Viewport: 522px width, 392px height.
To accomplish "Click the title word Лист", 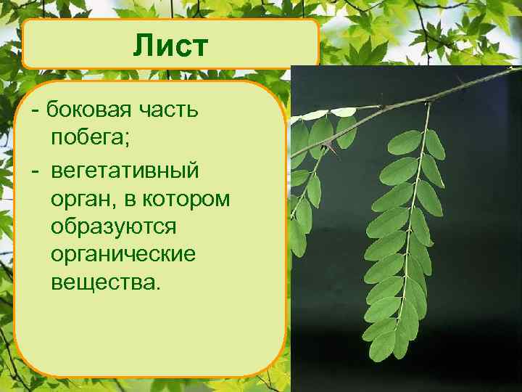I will (x=170, y=46).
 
